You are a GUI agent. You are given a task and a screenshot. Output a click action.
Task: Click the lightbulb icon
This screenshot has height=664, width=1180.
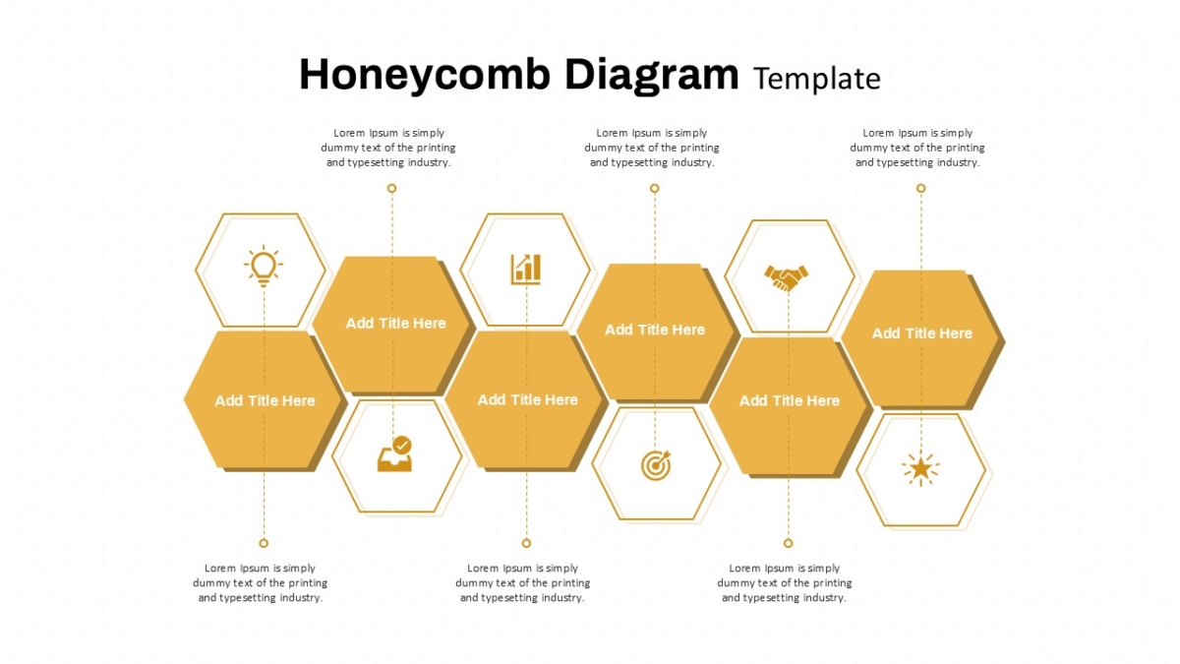click(x=264, y=266)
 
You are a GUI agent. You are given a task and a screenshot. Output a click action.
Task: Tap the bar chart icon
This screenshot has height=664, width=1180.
click(x=526, y=270)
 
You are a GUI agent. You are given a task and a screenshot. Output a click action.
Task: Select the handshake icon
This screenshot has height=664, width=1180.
click(x=786, y=277)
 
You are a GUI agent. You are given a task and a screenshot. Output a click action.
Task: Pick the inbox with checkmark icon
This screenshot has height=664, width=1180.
click(x=394, y=453)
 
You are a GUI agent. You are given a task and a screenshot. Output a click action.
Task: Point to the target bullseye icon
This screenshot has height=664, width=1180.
click(x=656, y=465)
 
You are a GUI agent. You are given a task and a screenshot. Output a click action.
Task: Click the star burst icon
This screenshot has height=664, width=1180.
click(x=920, y=469)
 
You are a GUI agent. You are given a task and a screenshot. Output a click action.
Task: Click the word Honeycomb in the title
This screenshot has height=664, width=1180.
click(x=425, y=76)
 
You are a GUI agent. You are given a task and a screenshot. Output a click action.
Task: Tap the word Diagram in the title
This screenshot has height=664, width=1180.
click(x=652, y=76)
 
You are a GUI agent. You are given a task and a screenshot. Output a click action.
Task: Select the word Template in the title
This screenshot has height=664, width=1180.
click(x=817, y=79)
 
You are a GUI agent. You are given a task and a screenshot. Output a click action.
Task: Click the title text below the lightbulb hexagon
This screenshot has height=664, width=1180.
click(x=265, y=400)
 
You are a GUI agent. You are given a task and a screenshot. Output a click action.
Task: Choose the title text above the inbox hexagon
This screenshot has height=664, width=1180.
click(x=395, y=323)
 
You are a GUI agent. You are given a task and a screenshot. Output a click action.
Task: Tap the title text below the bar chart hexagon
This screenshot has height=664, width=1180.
click(x=527, y=400)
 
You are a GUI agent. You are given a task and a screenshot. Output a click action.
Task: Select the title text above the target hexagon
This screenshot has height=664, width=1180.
click(x=655, y=330)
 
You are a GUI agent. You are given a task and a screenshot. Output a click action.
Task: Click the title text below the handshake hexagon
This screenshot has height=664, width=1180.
click(x=789, y=400)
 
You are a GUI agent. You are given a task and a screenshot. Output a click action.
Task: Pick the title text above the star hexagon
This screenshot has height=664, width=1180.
click(x=922, y=333)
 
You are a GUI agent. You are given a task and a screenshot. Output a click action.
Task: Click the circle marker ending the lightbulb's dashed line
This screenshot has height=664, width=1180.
click(x=264, y=543)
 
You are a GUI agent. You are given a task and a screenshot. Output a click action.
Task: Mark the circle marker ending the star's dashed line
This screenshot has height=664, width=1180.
click(x=920, y=188)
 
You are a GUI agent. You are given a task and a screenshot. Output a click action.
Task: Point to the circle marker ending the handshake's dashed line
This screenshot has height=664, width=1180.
click(x=788, y=543)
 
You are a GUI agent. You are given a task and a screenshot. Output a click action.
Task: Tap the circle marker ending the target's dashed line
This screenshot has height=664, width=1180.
click(x=654, y=188)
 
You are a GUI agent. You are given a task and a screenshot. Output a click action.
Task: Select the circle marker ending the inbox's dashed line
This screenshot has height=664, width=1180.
click(x=391, y=188)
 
